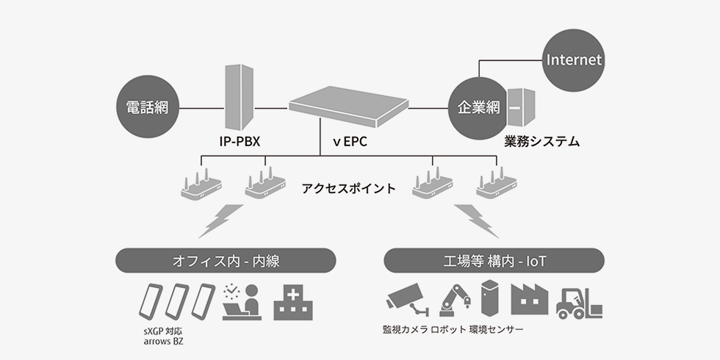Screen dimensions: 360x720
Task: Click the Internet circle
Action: click(x=574, y=60)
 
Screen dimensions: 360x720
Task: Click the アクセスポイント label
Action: click(x=348, y=188)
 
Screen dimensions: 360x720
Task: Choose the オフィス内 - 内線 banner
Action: click(x=226, y=260)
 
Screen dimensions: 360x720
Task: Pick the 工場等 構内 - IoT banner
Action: click(x=494, y=260)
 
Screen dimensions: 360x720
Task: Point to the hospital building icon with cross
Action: click(x=293, y=303)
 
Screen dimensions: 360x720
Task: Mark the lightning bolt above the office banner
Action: click(x=220, y=220)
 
